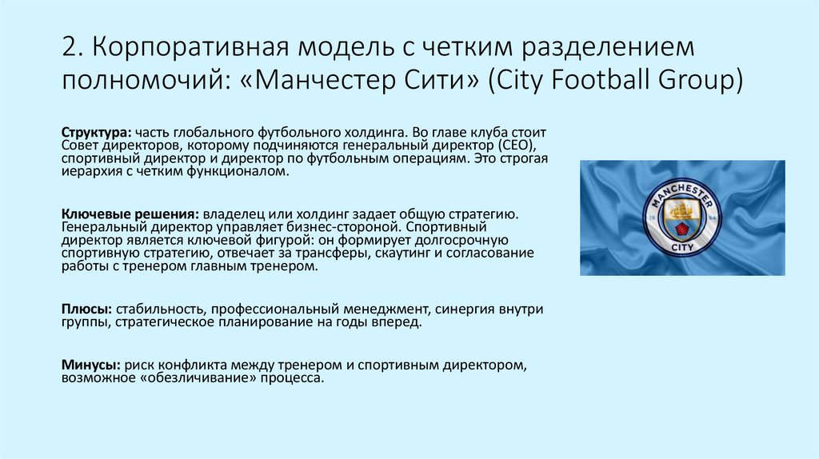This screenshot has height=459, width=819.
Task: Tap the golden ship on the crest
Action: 681,210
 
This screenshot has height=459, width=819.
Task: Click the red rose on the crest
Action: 682,229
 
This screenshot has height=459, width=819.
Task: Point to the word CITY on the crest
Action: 682,249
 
